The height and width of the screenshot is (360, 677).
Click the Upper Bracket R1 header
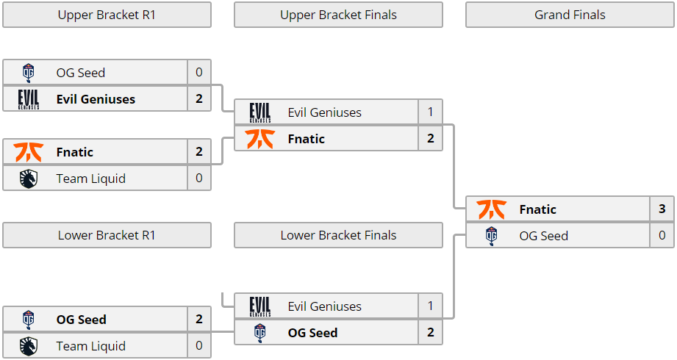(x=107, y=15)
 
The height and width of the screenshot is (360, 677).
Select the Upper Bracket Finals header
(x=338, y=15)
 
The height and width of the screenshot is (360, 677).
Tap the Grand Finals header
(x=570, y=15)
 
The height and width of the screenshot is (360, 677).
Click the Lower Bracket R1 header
(x=107, y=235)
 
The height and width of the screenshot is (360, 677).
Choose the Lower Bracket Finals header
(x=338, y=235)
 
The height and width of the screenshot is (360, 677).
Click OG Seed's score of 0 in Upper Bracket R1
(x=199, y=73)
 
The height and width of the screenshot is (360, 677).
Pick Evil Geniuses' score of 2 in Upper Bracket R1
(x=199, y=99)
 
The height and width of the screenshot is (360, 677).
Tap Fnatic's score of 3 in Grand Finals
(x=662, y=209)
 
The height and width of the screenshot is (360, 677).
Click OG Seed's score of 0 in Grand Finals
(x=662, y=236)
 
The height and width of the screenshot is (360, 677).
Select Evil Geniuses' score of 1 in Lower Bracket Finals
(x=431, y=306)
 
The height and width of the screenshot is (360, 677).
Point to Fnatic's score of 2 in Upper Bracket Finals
(x=431, y=139)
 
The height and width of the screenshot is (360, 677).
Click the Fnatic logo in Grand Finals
(x=491, y=209)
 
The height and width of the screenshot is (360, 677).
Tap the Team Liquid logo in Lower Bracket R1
(x=28, y=346)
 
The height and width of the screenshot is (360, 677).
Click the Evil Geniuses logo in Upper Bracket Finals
(x=259, y=112)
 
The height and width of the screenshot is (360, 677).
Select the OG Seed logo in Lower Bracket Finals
(x=259, y=333)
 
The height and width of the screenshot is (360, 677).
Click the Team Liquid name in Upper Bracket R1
(x=91, y=179)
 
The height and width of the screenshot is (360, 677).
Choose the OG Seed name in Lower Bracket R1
(x=82, y=320)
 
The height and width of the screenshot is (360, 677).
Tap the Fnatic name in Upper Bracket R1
(x=75, y=152)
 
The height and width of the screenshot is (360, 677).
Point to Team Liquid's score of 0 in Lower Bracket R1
(x=199, y=346)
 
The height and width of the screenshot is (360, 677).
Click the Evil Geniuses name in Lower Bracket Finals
(x=325, y=306)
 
